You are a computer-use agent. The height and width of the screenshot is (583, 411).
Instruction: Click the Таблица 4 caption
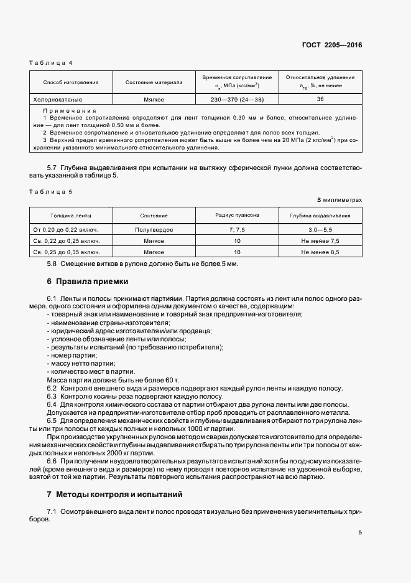[52, 63]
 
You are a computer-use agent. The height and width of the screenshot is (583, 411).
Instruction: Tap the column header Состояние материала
[154, 82]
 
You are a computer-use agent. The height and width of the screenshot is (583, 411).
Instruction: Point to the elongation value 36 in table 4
[320, 99]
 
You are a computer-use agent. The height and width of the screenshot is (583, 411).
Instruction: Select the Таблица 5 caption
[52, 191]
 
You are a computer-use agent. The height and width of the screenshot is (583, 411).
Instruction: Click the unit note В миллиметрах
[339, 200]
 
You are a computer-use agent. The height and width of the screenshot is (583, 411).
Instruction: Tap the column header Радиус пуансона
[237, 215]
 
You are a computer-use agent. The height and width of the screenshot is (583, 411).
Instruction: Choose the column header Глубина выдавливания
[320, 216]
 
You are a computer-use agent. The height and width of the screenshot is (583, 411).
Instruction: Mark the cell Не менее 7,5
[320, 240]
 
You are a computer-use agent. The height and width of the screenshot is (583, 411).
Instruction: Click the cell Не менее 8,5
[320, 252]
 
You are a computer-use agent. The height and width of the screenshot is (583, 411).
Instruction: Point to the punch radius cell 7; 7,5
[237, 230]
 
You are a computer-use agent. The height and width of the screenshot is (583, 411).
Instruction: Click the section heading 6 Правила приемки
[87, 281]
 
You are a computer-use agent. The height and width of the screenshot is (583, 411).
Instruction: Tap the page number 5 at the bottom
[360, 533]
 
